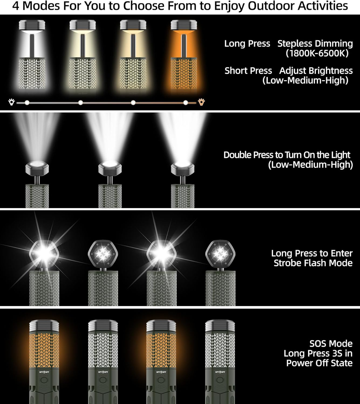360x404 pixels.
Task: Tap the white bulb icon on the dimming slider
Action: (11, 102)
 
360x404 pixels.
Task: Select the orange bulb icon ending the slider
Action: (201, 102)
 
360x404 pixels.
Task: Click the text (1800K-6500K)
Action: (317, 53)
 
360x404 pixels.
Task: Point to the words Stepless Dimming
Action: (315, 44)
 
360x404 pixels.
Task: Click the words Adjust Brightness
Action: (316, 71)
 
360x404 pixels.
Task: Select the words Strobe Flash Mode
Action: (313, 263)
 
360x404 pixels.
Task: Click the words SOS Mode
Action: (331, 344)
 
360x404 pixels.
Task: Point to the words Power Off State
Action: (319, 363)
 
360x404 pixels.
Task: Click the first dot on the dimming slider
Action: (27, 102)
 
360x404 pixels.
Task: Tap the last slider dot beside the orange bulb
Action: (186, 102)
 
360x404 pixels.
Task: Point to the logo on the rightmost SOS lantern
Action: (220, 372)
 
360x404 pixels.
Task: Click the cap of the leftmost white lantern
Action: (30, 26)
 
